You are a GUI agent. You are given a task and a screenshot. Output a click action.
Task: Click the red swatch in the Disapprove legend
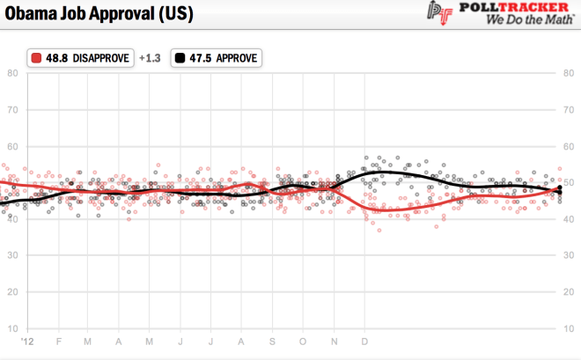[35, 58]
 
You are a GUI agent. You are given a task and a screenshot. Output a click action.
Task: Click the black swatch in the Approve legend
[180, 58]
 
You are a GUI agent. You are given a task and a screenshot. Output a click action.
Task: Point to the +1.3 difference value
[149, 58]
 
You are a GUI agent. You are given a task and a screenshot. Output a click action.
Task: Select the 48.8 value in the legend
[56, 58]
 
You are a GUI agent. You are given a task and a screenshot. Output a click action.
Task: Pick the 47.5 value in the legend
[201, 58]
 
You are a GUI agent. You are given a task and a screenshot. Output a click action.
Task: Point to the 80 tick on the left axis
[13, 73]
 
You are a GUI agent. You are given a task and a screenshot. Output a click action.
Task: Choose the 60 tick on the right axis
[569, 146]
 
